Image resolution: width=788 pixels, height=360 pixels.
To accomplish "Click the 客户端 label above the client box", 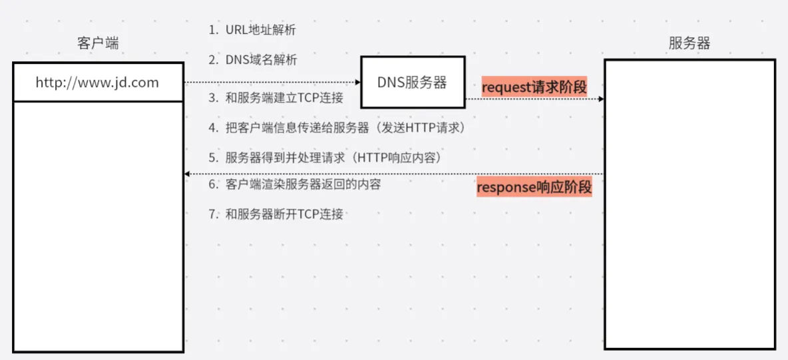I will pos(98,44).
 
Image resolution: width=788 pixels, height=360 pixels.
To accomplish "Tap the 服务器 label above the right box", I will pos(689,44).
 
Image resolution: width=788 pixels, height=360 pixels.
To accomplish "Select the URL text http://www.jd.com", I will pos(97,83).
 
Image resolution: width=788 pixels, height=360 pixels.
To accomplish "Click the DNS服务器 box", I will pos(412,83).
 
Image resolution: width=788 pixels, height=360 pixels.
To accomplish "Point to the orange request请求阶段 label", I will pos(534,87).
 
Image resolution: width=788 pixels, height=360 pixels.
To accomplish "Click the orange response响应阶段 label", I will pos(534,187).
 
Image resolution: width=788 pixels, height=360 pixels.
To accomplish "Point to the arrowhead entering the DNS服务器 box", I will pos(358,83).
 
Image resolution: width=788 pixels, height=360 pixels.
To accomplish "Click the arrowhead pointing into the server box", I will pos(601,99).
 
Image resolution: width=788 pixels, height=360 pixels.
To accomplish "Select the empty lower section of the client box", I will pos(98,226).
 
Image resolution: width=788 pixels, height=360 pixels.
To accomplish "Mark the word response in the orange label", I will pos(506,187).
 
